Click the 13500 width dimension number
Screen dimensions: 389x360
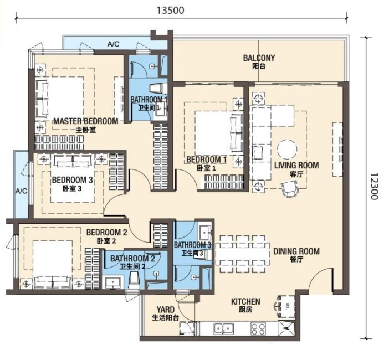(x=171, y=11)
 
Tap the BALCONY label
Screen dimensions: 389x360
(x=259, y=58)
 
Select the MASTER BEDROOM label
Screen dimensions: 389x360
(x=86, y=121)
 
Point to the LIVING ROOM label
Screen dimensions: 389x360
(x=296, y=166)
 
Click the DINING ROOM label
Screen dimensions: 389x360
(x=296, y=251)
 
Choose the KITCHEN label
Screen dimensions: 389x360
(x=245, y=302)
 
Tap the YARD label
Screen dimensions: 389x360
(x=166, y=310)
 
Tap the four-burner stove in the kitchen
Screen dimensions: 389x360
(x=258, y=329)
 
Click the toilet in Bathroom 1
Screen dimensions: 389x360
(x=158, y=88)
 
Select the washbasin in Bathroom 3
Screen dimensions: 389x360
(x=204, y=232)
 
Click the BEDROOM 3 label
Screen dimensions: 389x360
(x=73, y=180)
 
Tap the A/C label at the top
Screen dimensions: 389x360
(x=114, y=44)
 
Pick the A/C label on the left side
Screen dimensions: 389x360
(x=22, y=191)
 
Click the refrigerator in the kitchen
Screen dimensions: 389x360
(x=285, y=306)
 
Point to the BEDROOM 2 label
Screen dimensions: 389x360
(x=107, y=233)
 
